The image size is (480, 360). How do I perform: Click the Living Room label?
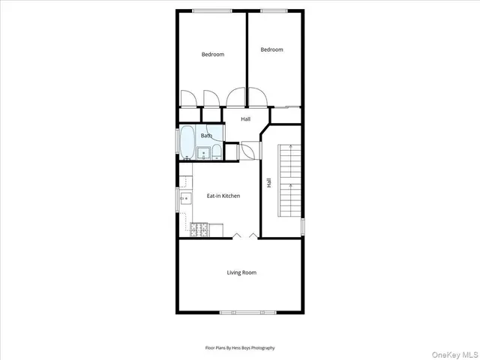(241, 272)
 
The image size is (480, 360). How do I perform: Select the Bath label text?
(205, 136)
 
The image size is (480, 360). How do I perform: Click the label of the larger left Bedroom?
(212, 54)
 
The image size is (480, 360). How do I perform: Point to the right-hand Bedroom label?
(271, 49)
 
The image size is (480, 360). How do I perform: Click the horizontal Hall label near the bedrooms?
(245, 119)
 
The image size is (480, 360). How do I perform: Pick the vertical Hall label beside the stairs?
(268, 181)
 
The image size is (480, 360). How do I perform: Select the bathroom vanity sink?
(203, 154)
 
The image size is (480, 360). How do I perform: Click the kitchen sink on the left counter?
(184, 198)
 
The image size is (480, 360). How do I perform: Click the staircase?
(289, 180)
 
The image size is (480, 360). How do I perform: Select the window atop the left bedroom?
(211, 10)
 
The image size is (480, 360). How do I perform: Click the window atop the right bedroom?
(273, 10)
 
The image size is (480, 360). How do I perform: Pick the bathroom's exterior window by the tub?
(178, 142)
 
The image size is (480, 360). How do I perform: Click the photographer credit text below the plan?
(240, 348)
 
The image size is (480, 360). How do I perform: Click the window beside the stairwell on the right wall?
(304, 225)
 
